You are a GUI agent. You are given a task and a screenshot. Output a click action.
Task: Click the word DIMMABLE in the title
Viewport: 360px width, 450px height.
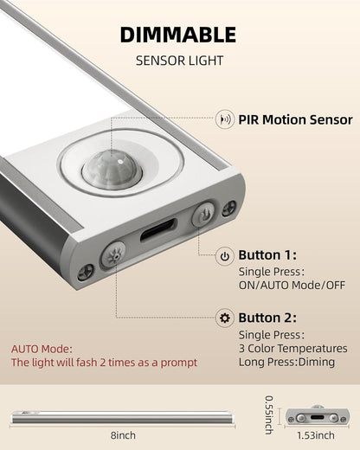177,35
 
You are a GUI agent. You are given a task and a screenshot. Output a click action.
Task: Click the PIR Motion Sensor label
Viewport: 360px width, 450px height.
295,119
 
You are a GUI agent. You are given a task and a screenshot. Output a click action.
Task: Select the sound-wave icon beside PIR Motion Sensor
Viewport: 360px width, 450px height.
227,119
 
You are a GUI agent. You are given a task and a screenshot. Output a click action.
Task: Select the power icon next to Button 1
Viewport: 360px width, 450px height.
225,256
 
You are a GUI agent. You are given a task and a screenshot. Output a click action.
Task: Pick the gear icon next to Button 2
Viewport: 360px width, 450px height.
225,318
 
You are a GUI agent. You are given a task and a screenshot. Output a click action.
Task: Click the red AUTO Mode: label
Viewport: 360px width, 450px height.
41,348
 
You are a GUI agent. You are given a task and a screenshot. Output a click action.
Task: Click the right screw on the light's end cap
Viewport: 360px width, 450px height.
228,208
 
